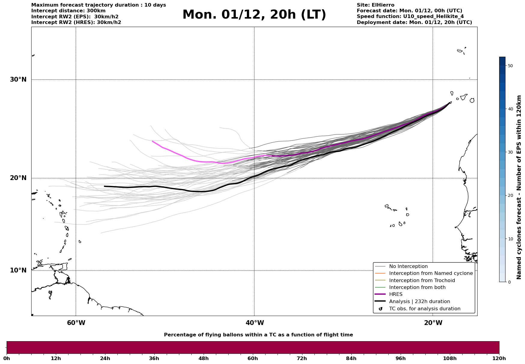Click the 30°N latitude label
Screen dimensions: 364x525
(18, 80)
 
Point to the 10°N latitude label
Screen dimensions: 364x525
(18, 270)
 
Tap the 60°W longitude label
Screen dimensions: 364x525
(76, 323)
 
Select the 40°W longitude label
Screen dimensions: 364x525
(255, 323)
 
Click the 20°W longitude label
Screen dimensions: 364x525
(433, 323)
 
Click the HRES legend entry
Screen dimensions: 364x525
(396, 294)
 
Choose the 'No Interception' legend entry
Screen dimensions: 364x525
(408, 266)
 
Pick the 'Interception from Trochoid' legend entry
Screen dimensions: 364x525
(422, 281)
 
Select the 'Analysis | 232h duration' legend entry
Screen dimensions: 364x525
(419, 302)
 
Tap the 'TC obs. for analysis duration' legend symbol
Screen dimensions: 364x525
(381, 309)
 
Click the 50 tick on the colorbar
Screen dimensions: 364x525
(510, 66)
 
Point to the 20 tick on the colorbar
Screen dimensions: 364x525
(510, 196)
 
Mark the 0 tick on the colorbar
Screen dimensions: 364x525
(509, 282)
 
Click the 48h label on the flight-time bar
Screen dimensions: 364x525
(203, 359)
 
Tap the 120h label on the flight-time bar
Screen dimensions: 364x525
(499, 359)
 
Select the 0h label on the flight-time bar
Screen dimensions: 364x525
(7, 359)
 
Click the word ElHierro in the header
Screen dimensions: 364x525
(384, 5)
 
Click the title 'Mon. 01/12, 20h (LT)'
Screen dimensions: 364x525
(254, 15)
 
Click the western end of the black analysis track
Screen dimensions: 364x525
(105, 186)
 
